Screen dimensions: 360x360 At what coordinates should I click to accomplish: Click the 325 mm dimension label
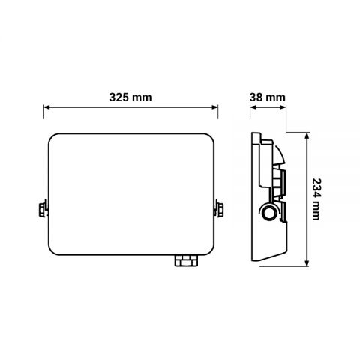(130, 97)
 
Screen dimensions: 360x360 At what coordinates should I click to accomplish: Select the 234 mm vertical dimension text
(318, 199)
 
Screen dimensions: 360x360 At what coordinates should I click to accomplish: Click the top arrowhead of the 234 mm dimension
(307, 134)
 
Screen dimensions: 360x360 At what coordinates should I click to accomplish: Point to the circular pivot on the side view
(267, 214)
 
